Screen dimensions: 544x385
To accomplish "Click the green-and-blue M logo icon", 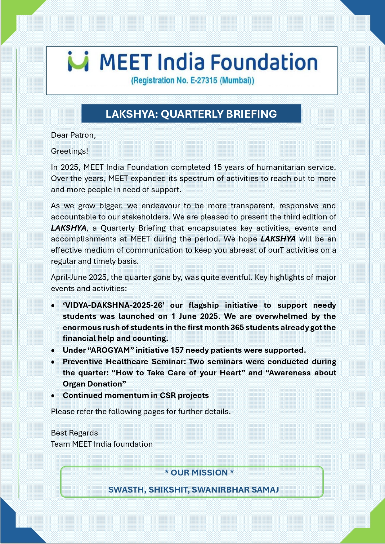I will (x=78, y=61).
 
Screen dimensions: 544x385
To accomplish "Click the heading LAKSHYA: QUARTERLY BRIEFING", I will (x=191, y=114).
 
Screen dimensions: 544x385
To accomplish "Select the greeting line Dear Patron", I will (x=73, y=135).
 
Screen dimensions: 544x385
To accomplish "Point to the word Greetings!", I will (x=69, y=151).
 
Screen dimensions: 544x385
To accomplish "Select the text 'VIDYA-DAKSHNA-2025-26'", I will (x=114, y=305).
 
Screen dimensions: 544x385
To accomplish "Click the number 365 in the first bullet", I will (x=237, y=328).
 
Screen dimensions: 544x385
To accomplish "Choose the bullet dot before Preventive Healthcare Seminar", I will (x=53, y=362).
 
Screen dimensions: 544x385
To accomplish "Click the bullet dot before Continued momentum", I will (x=53, y=396).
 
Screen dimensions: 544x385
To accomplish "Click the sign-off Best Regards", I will (x=74, y=433).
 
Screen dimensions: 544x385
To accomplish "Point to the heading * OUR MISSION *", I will (x=199, y=473).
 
